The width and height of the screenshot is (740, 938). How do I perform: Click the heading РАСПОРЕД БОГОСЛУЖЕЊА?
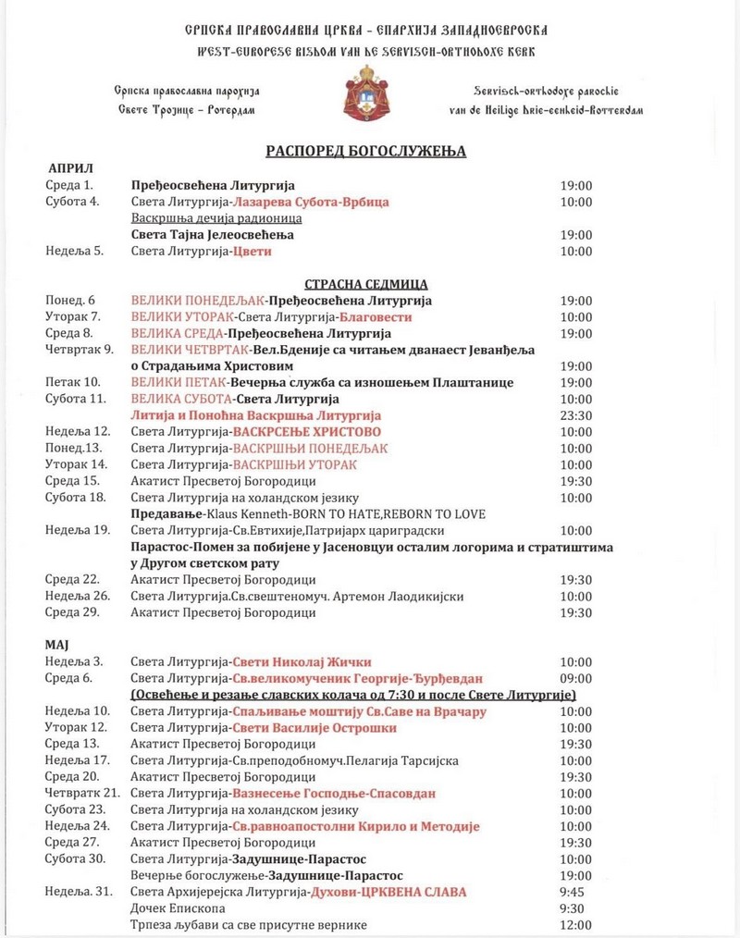[366, 151]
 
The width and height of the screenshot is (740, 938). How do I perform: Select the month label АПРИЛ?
[71, 168]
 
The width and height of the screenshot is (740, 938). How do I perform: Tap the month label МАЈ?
[58, 642]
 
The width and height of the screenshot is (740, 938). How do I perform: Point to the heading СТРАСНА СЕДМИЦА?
[365, 284]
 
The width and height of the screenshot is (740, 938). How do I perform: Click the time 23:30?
[575, 416]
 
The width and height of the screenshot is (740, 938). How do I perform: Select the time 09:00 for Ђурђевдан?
[575, 678]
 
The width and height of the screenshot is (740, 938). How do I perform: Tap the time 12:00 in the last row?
[575, 925]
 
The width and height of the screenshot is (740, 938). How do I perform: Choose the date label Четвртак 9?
[79, 349]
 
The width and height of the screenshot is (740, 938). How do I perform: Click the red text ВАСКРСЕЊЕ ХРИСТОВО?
[306, 432]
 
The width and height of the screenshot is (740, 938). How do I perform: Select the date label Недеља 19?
[78, 530]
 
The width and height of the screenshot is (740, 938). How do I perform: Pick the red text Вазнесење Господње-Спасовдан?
[334, 793]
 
